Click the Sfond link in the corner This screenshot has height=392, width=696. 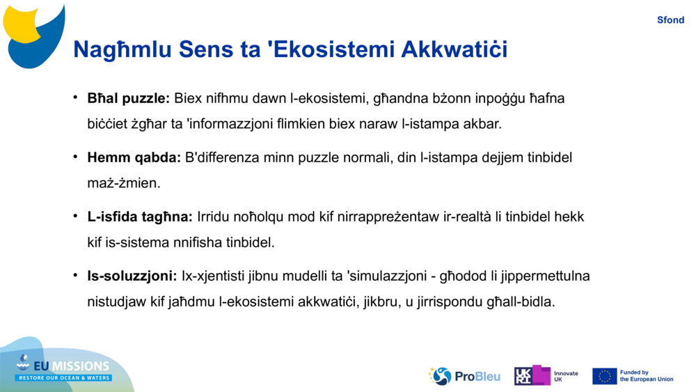(x=670, y=20)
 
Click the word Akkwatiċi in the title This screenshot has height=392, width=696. (x=454, y=49)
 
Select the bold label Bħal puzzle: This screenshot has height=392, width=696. (x=128, y=98)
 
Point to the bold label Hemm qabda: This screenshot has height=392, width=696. (x=134, y=157)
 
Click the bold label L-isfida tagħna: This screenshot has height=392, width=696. (x=140, y=217)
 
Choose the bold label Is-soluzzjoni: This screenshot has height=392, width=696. (x=132, y=276)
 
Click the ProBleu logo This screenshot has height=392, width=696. (x=464, y=376)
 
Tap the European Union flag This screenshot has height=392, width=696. (x=604, y=376)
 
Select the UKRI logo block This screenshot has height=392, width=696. (x=532, y=375)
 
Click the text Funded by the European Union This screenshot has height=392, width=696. (x=647, y=376)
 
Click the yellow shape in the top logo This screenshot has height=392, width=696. (x=22, y=24)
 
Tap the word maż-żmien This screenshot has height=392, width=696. (x=123, y=183)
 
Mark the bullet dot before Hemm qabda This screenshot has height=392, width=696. (x=75, y=157)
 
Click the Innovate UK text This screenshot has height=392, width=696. (x=566, y=377)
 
